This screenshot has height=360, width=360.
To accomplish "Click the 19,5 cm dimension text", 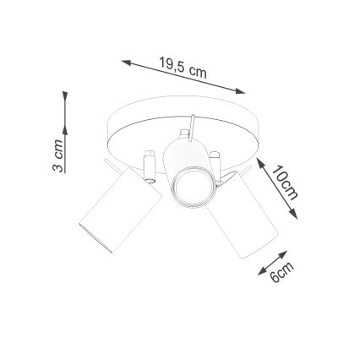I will [183, 68].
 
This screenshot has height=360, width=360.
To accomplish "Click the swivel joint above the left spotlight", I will [150, 161].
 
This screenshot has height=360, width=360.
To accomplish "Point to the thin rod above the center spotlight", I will [192, 125].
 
